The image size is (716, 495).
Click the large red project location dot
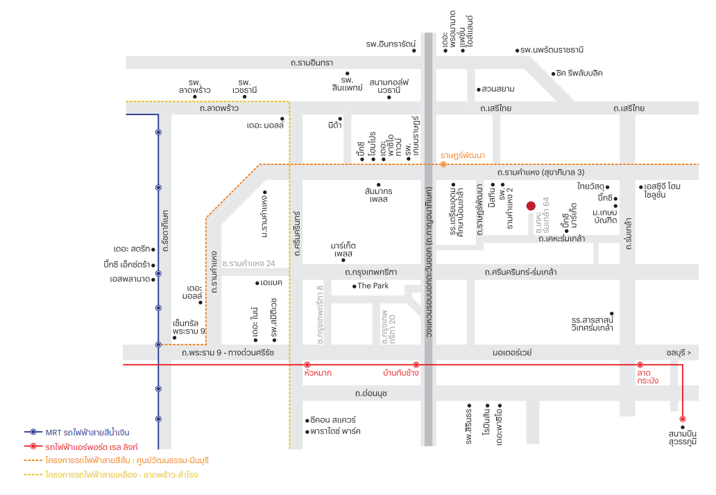pos(531,206)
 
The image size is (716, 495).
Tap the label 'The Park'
pos(373,286)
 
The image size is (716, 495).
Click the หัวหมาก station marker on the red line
pos(307,365)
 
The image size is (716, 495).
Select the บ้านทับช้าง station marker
pos(416,365)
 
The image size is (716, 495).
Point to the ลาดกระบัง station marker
pos(640,365)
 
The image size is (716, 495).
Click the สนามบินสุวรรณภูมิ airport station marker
pos(683,419)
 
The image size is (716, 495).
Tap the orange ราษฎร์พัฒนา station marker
pos(443,164)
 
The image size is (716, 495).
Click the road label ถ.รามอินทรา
pos(312,63)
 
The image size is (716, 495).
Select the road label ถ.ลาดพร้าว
pos(219,109)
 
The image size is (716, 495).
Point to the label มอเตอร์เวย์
pos(512,353)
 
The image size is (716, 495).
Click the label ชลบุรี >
pos(679,353)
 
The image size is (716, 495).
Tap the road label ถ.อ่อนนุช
pos(371,393)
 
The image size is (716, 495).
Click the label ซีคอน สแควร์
pos(333,419)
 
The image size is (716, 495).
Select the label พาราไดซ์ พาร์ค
pos(335,431)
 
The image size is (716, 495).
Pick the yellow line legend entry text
pos(121,475)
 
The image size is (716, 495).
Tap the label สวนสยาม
pos(497,89)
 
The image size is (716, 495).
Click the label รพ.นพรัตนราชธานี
pos(552,50)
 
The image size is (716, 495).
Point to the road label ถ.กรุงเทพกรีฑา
pos(370,272)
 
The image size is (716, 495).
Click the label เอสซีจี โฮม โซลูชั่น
pos(662,190)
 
